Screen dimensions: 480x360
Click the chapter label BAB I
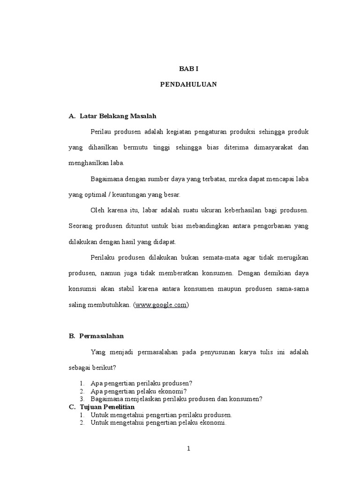[189, 68]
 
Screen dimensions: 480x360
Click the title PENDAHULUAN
[189, 85]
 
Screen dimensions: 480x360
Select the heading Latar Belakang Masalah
[118, 115]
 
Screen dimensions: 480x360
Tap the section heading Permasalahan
[101, 336]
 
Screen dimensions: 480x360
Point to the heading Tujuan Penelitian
[107, 407]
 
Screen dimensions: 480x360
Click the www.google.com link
[161, 305]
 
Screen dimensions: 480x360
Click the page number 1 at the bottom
[188, 449]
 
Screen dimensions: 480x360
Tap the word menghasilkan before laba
[90, 163]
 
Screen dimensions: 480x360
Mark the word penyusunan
[217, 352]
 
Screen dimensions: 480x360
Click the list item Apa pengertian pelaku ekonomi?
[139, 391]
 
